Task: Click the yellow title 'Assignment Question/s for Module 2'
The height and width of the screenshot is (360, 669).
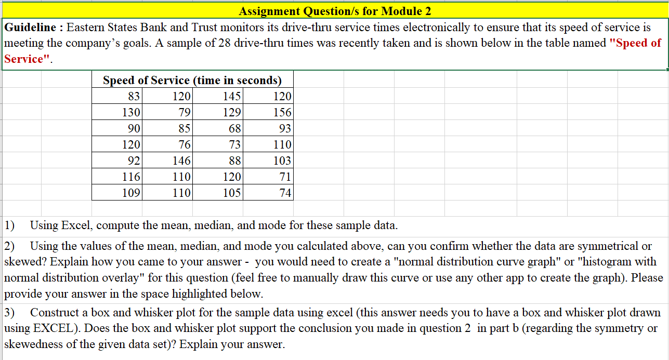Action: click(x=335, y=11)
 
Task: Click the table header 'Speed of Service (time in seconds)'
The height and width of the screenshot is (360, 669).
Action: click(x=192, y=81)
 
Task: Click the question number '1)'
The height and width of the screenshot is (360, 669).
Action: click(x=10, y=225)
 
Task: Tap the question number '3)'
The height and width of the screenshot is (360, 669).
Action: click(x=10, y=313)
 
